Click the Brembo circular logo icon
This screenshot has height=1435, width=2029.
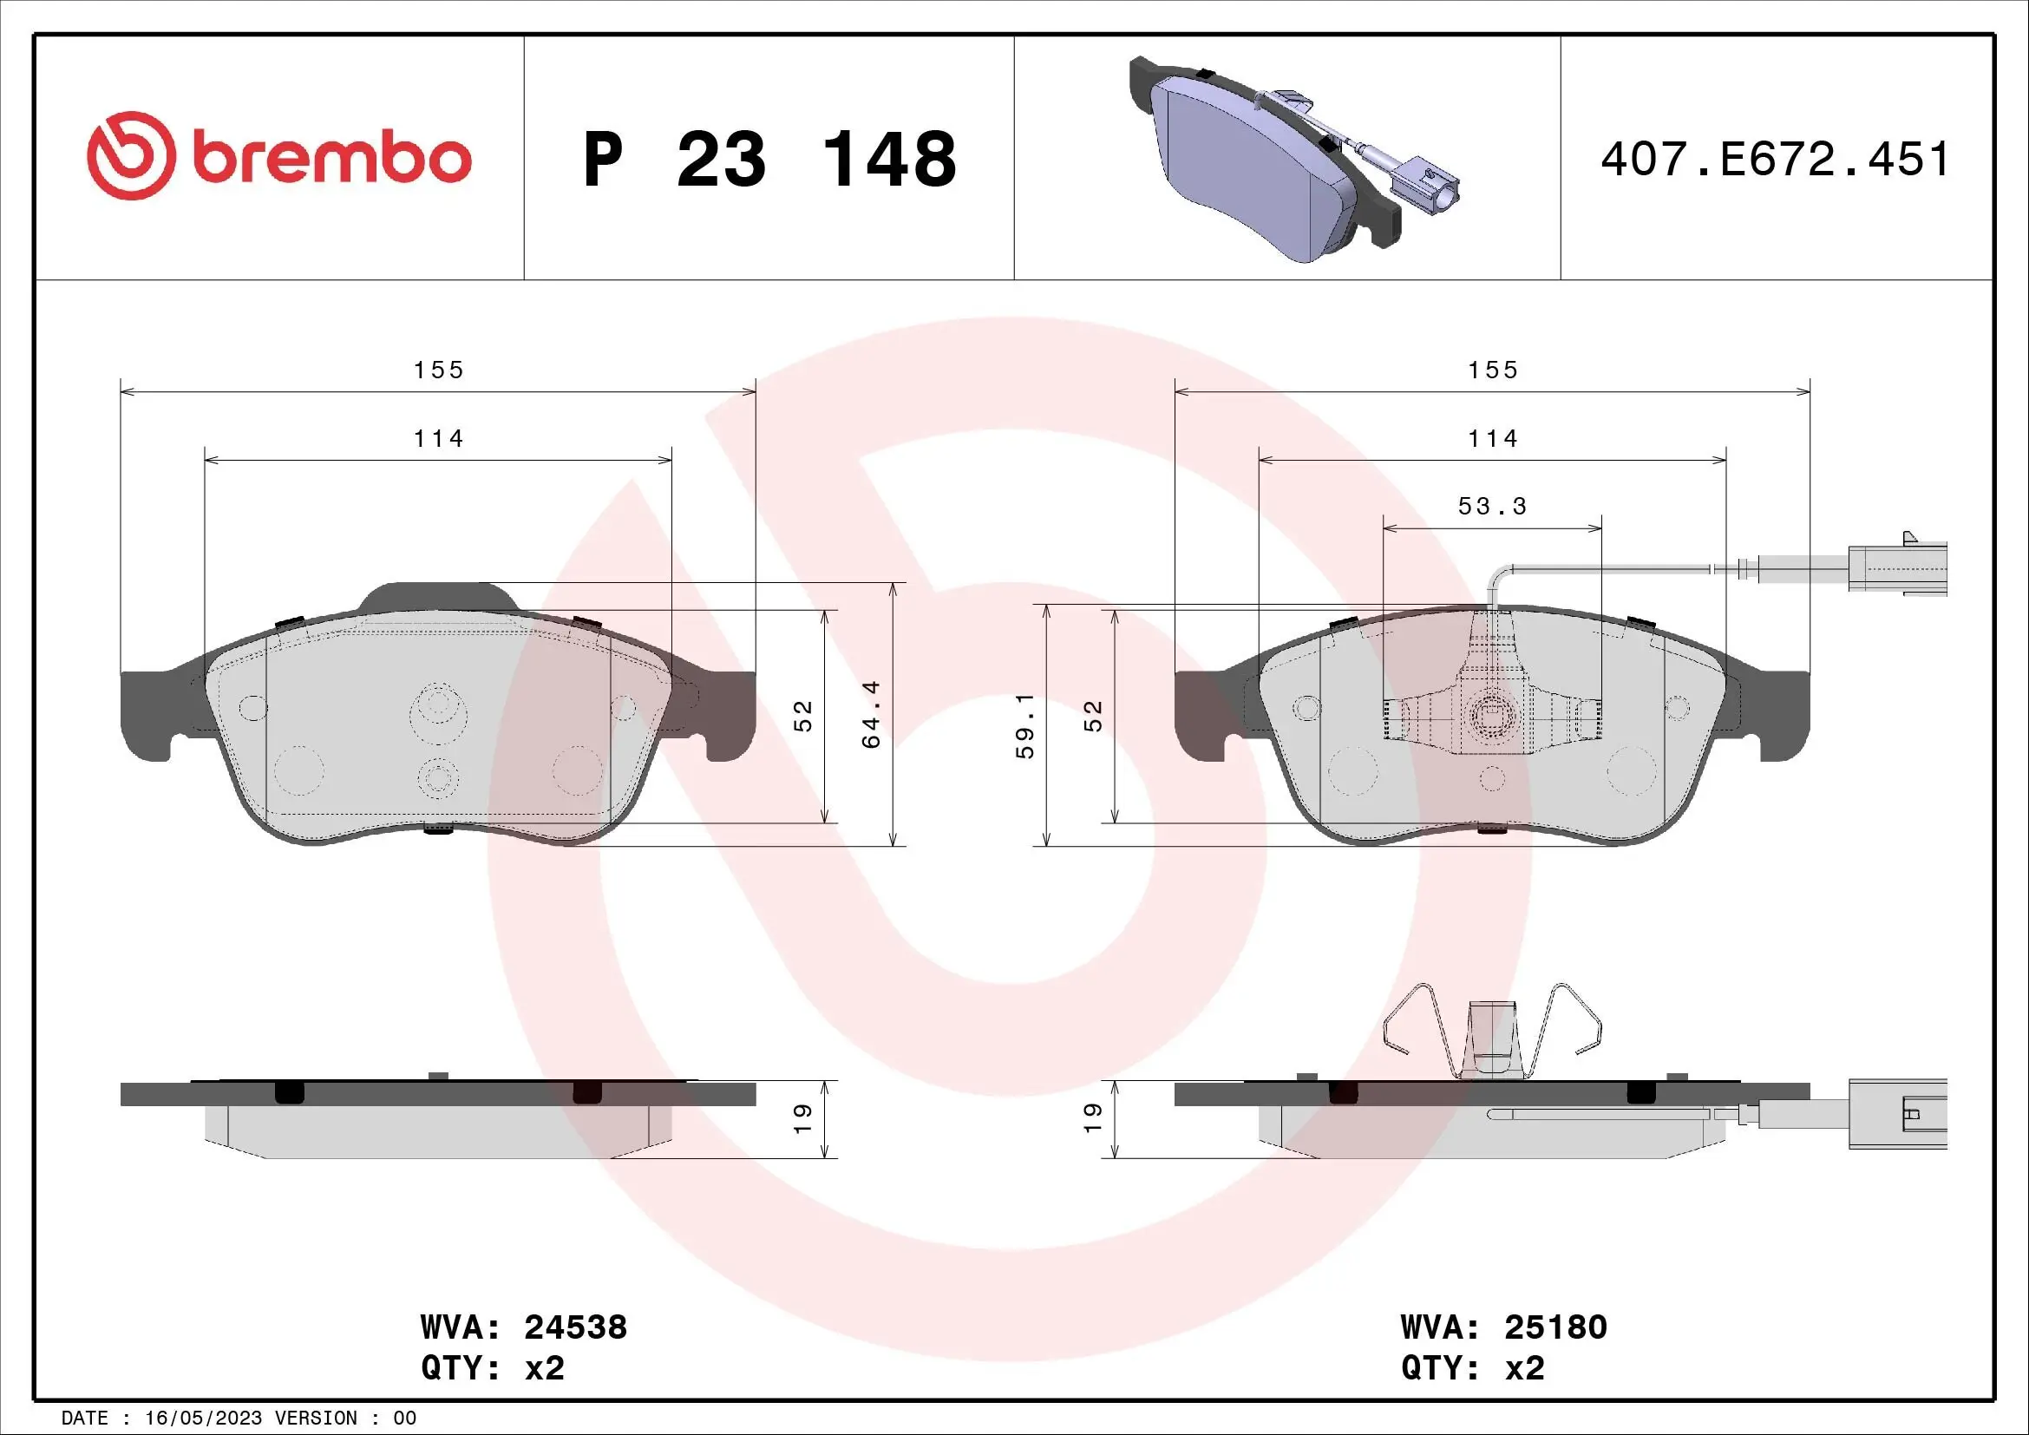pos(128,154)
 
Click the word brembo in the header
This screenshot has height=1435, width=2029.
pos(332,159)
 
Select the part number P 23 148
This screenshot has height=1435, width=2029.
pos(769,160)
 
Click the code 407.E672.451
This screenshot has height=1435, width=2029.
pos(1775,160)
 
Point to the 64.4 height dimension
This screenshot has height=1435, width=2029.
pos(871,714)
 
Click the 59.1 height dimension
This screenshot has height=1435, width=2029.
pos(1025,725)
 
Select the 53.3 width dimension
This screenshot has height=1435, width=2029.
pos(1492,507)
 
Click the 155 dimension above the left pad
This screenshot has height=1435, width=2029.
pos(438,370)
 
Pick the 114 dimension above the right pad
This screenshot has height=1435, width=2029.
pos(1492,438)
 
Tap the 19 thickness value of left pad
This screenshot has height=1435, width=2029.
pos(802,1118)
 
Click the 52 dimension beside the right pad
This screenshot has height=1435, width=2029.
pos(1094,715)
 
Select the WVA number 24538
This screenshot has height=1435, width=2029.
pos(575,1327)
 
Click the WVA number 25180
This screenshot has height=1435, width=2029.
pos(1555,1327)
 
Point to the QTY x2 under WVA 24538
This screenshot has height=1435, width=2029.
pos(493,1368)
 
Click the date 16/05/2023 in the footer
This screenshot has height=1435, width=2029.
pos(203,1419)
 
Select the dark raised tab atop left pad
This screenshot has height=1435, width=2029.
pos(438,595)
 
